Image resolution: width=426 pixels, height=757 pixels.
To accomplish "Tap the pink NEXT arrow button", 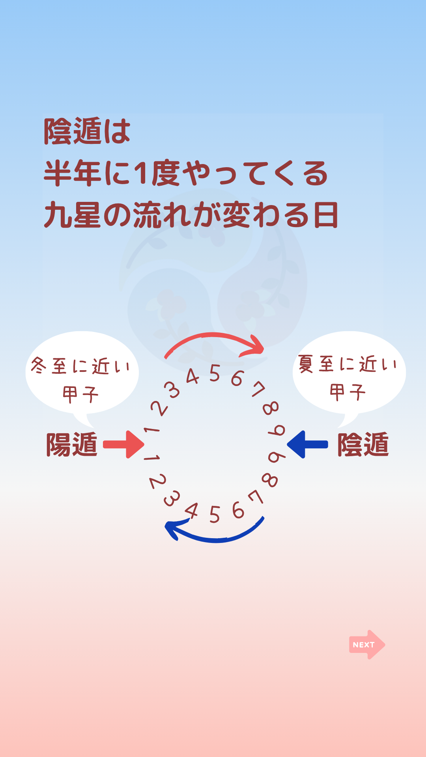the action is (x=367, y=645).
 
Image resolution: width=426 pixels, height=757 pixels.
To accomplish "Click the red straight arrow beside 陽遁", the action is (x=124, y=444).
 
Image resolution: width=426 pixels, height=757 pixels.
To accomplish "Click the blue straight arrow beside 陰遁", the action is (x=307, y=444).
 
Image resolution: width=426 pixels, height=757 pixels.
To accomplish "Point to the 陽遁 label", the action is (x=72, y=445).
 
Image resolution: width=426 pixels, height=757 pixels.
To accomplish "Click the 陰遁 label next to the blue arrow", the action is (x=363, y=445).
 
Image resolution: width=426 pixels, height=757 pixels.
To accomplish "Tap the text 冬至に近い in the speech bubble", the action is (x=80, y=366).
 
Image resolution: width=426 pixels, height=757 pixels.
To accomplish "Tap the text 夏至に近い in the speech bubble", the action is (x=348, y=364).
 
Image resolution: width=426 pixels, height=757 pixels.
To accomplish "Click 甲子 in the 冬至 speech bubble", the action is (x=80, y=394).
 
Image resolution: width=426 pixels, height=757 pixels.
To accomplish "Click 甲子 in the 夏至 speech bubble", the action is (x=348, y=392).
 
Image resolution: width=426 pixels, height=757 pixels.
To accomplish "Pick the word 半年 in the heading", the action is (x=72, y=173).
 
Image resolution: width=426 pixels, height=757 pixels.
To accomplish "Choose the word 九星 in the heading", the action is (x=72, y=215).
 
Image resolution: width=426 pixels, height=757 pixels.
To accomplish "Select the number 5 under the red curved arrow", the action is (x=215, y=373).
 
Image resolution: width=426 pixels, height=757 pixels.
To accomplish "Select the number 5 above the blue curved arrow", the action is (x=215, y=515).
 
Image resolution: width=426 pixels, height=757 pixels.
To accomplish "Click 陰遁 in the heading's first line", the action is (x=73, y=131).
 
